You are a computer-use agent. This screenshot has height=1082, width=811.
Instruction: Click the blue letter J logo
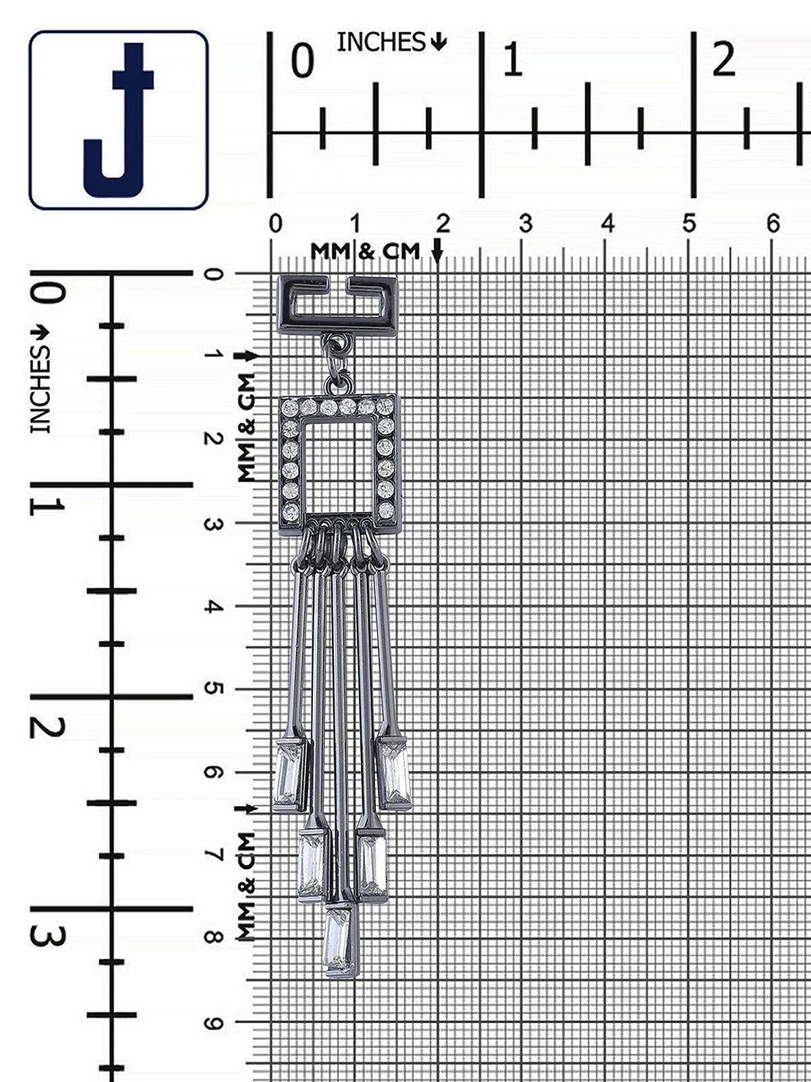118,120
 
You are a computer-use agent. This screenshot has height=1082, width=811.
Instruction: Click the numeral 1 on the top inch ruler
512,60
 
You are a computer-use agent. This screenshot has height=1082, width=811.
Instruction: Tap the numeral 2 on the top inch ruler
724,60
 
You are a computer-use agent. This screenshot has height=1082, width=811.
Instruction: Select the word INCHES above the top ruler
380,43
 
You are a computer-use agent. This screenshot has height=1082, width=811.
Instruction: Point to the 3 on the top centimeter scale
526,225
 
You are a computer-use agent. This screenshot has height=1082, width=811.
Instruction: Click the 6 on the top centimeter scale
773,225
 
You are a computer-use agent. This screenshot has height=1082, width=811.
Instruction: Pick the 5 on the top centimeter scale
689,225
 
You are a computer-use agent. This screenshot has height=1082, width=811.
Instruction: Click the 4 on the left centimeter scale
213,607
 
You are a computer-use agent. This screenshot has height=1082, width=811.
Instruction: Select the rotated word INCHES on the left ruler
41,390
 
